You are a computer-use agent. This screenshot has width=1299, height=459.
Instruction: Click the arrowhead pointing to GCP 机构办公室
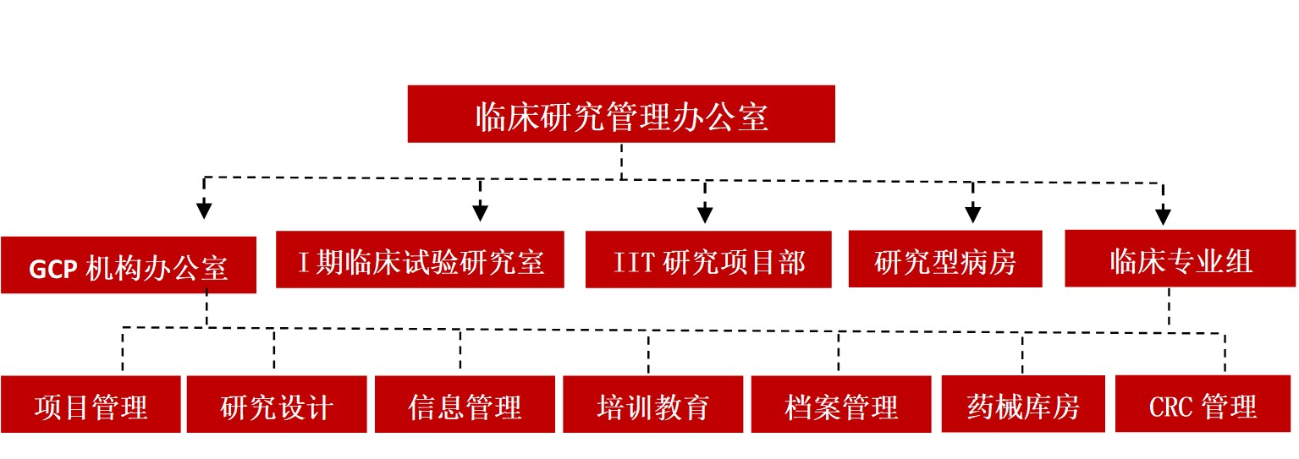point(203,210)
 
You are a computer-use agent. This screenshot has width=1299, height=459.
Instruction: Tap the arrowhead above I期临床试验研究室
point(481,212)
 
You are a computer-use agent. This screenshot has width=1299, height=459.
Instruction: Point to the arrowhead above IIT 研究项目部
point(705,213)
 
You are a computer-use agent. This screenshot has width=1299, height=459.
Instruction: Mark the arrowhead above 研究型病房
point(973,213)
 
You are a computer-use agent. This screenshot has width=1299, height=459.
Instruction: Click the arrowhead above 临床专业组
point(1164,215)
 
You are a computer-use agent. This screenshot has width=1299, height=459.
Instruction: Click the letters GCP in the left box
point(54,269)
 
